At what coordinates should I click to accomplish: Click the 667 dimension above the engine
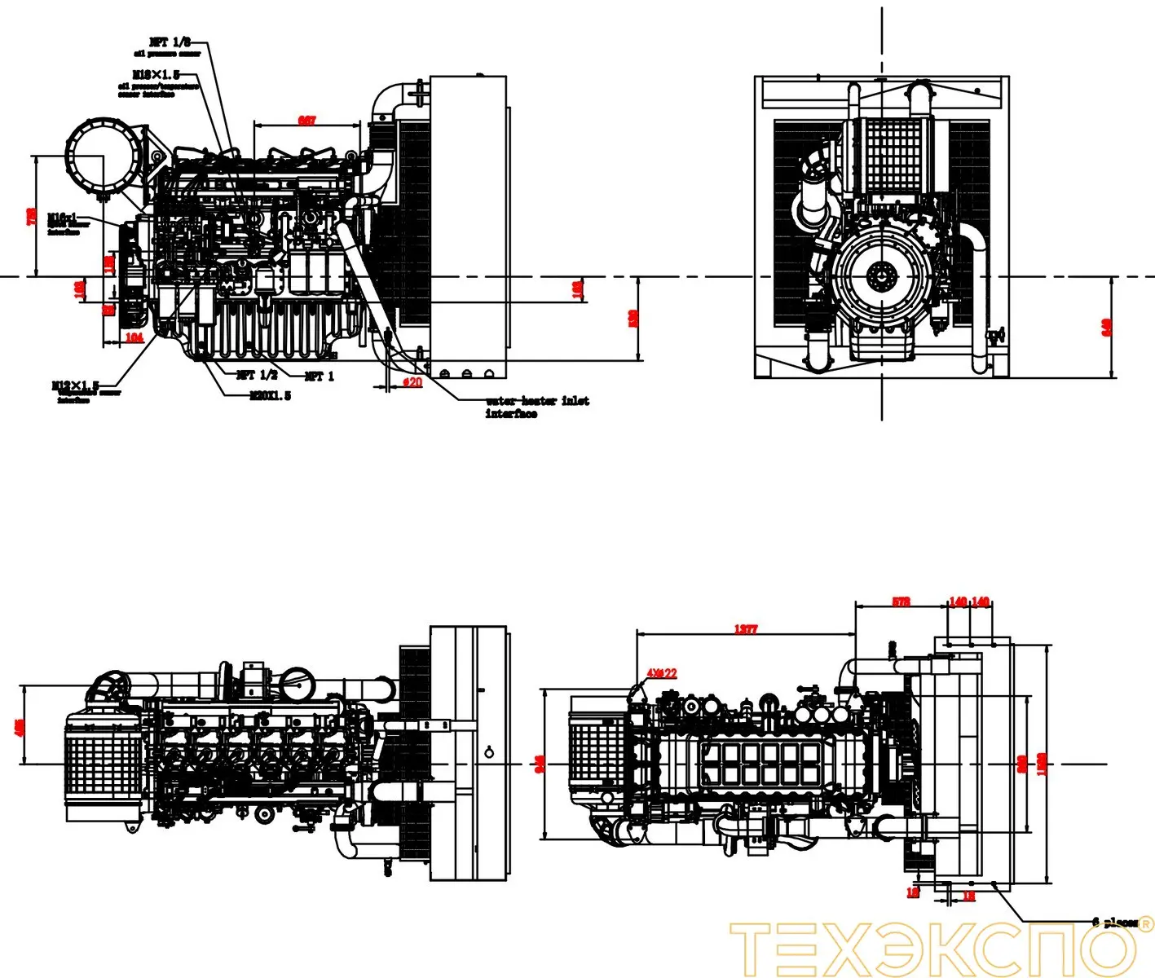tap(306, 121)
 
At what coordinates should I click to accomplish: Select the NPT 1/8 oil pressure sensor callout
tap(170, 42)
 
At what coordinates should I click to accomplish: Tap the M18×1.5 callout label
tap(156, 75)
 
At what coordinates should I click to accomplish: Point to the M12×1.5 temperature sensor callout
tap(75, 385)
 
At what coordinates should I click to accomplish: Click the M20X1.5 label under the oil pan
tap(270, 396)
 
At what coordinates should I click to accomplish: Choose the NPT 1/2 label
tap(257, 375)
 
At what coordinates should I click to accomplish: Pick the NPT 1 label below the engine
tap(319, 376)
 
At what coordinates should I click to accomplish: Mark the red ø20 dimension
tap(412, 382)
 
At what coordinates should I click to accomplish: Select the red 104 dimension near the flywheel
tap(134, 337)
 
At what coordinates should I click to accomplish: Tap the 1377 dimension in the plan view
tap(745, 629)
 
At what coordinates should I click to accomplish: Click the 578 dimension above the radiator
tap(901, 602)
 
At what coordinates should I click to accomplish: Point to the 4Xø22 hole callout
tap(661, 673)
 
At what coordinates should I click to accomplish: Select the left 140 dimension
tap(958, 602)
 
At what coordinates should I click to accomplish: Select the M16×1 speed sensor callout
tap(63, 218)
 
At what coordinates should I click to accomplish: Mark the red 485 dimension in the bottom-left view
tap(20, 725)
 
